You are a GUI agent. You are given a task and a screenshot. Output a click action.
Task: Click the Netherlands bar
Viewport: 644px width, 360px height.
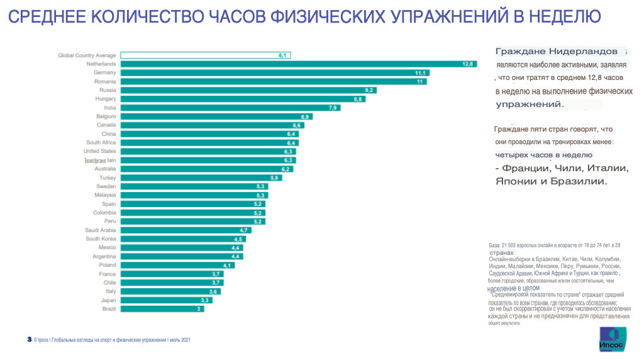tap(298, 64)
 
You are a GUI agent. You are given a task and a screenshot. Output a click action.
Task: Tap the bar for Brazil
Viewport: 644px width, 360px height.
tap(162, 309)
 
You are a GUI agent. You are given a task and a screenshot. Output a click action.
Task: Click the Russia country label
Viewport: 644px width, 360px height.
tap(108, 90)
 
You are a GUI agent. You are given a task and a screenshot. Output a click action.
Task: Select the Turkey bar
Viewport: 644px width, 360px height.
tap(201, 178)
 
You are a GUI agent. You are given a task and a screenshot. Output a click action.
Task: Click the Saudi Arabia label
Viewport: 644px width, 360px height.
tap(100, 230)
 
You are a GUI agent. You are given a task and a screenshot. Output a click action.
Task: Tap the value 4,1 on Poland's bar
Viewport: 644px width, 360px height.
tap(228, 266)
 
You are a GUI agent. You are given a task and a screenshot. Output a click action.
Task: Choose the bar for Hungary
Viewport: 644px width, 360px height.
tap(243, 99)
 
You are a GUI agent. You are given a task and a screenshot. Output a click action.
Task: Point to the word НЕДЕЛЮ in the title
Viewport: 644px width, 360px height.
tap(564, 16)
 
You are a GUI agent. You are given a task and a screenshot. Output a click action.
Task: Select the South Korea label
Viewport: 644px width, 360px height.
tap(101, 239)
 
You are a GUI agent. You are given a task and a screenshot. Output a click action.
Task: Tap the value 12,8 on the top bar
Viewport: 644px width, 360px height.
tap(467, 64)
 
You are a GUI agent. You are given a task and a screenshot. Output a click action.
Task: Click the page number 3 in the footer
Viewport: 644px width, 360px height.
tap(29, 340)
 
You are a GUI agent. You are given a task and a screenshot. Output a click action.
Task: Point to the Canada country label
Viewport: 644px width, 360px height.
tap(106, 125)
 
